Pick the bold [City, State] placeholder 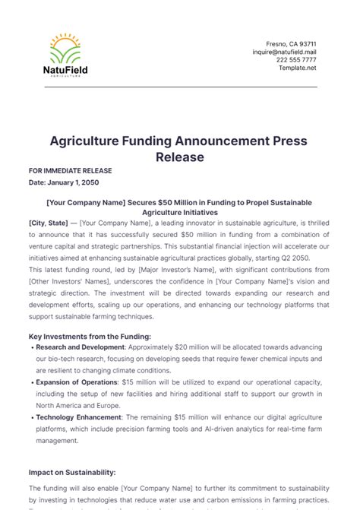(x=48, y=223)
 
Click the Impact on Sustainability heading (x=72, y=471)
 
